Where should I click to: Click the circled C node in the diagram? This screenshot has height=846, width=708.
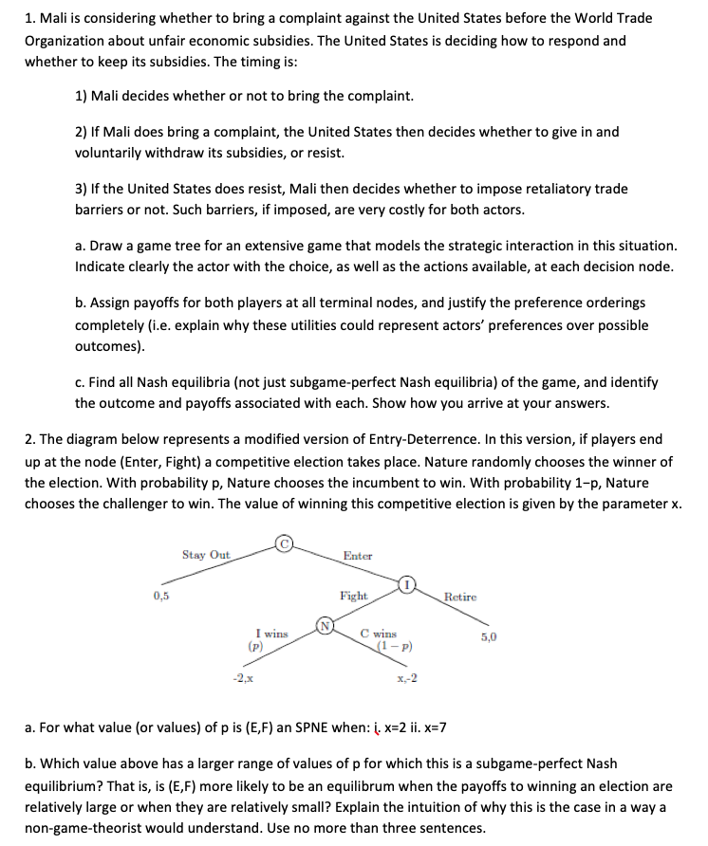[x=283, y=543]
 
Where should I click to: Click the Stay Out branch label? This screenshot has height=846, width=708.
[x=206, y=554]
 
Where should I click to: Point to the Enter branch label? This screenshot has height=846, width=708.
[x=358, y=556]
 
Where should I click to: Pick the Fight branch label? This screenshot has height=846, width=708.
[x=354, y=596]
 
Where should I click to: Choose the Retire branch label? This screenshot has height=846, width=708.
[x=460, y=597]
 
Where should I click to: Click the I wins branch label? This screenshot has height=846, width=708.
[x=272, y=634]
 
